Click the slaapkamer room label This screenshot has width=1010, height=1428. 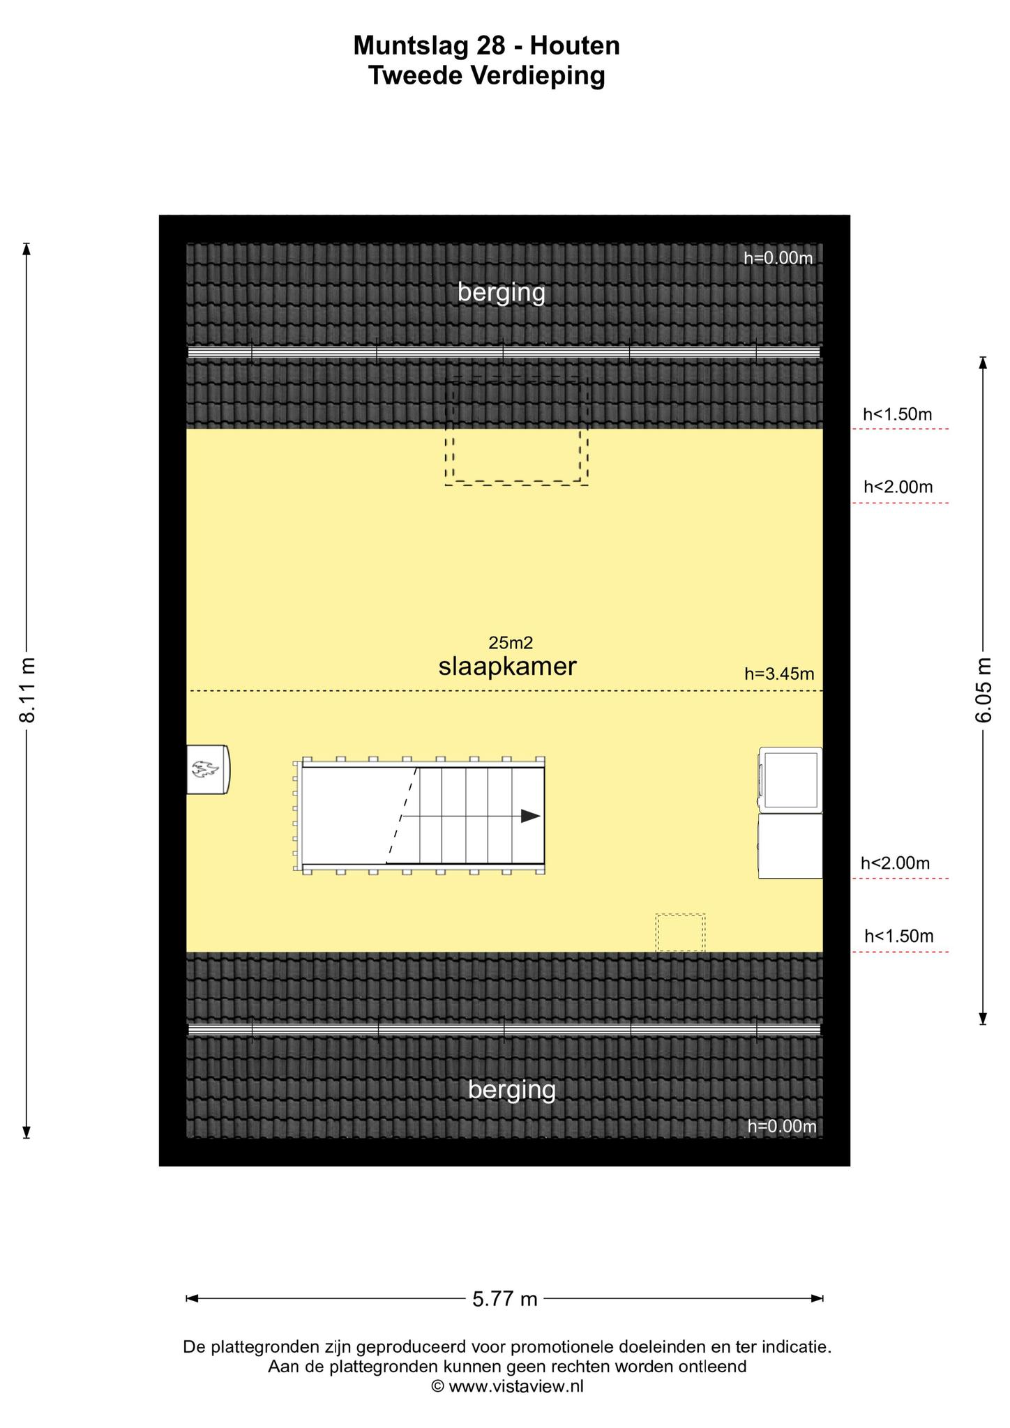tap(507, 667)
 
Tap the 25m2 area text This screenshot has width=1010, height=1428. tap(511, 642)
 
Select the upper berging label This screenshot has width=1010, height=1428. tap(502, 293)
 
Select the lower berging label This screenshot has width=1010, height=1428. tap(512, 1090)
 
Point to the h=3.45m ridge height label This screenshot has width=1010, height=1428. tap(779, 674)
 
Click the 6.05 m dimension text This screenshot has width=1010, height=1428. tap(983, 690)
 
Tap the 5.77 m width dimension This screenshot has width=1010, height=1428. tap(505, 1299)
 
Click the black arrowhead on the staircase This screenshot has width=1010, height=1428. tap(531, 816)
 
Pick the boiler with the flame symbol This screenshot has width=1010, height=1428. tap(208, 769)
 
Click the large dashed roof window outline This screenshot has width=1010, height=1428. tap(517, 431)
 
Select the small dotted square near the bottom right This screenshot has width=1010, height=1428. tap(680, 932)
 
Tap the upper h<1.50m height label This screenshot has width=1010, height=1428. tap(897, 414)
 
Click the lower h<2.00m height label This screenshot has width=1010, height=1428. tap(895, 863)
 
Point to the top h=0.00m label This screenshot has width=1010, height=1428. tap(778, 258)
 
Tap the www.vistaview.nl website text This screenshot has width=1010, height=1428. tap(515, 1386)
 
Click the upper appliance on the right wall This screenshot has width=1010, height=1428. tap(790, 779)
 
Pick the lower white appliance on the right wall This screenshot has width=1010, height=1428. tap(790, 845)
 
